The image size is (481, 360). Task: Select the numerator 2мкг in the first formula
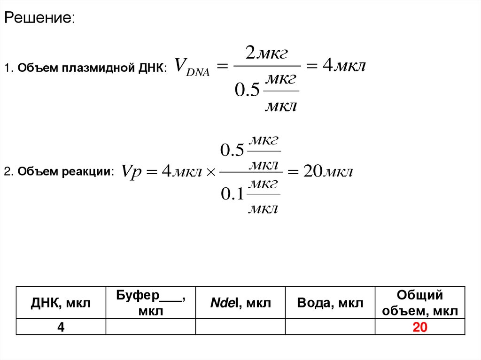pyautogui.click(x=266, y=54)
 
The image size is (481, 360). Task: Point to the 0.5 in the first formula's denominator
pyautogui.click(x=247, y=90)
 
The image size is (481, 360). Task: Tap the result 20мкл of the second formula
pyautogui.click(x=327, y=172)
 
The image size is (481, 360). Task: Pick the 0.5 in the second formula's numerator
pyautogui.click(x=233, y=151)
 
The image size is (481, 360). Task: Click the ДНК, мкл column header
pyautogui.click(x=61, y=303)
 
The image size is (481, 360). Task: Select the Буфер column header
pyautogui.click(x=150, y=303)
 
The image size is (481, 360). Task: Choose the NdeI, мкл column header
pyautogui.click(x=240, y=303)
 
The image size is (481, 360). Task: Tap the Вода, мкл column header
pyautogui.click(x=330, y=303)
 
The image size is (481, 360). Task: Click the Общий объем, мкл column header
pyautogui.click(x=420, y=303)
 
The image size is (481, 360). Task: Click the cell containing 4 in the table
pyautogui.click(x=61, y=327)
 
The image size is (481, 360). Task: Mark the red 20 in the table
pyautogui.click(x=419, y=328)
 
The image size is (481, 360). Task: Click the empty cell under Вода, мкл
pyautogui.click(x=330, y=327)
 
